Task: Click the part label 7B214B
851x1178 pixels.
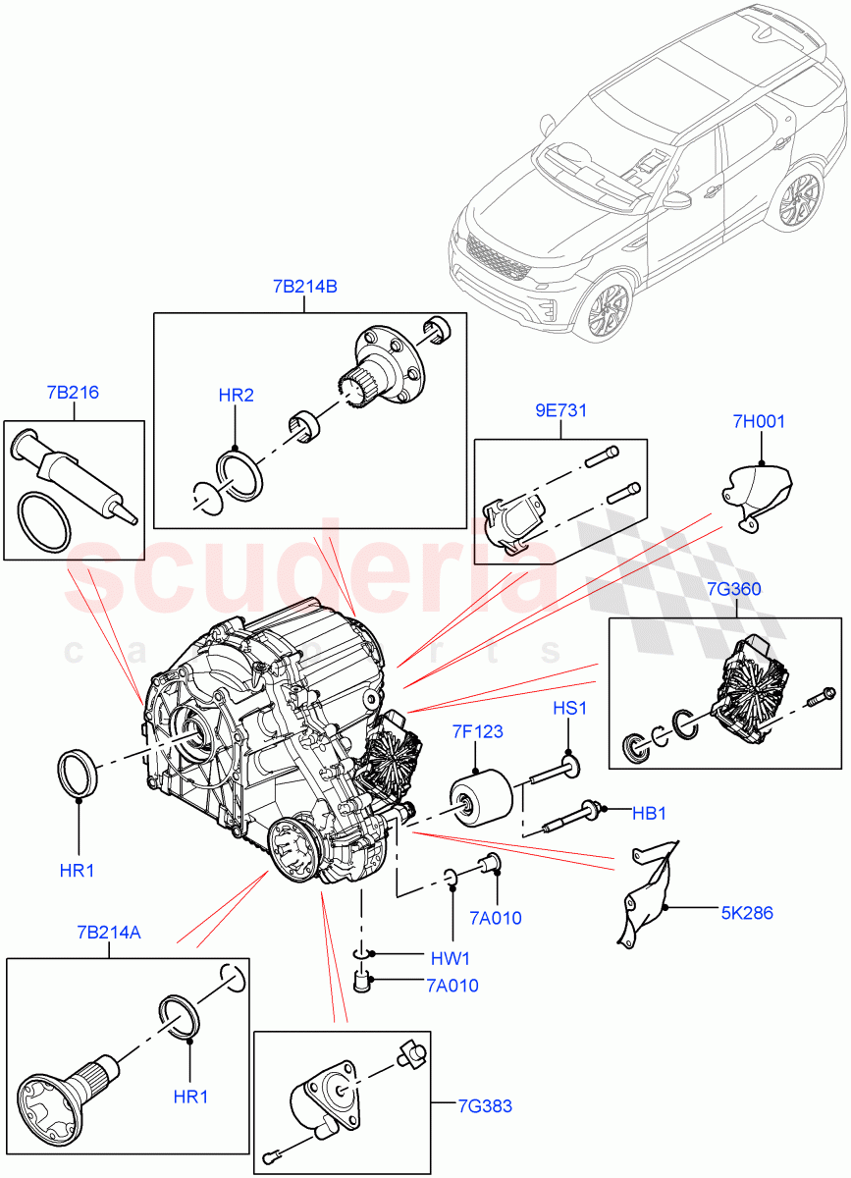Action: pos(304,288)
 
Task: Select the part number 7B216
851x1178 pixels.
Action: pos(72,393)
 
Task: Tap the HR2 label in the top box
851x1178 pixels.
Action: pos(236,396)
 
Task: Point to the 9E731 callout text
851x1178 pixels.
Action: pos(560,410)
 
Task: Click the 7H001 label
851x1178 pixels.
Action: pos(759,422)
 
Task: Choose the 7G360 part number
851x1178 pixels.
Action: pos(733,589)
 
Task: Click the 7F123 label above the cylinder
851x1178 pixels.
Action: pos(478,730)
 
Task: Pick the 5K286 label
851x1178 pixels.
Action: pos(747,913)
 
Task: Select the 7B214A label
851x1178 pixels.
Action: pos(108,933)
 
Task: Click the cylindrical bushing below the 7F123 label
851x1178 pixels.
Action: pos(483,796)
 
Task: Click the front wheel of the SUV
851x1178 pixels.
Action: pos(606,307)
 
